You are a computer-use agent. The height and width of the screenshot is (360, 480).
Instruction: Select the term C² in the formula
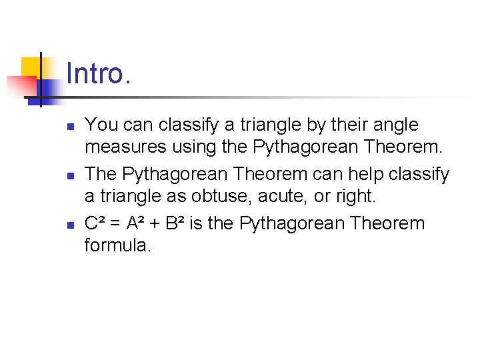[x=95, y=223]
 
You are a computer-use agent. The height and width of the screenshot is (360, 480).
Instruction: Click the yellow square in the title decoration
[x=33, y=68]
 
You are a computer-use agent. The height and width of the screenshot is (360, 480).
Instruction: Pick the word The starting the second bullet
[x=101, y=175]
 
